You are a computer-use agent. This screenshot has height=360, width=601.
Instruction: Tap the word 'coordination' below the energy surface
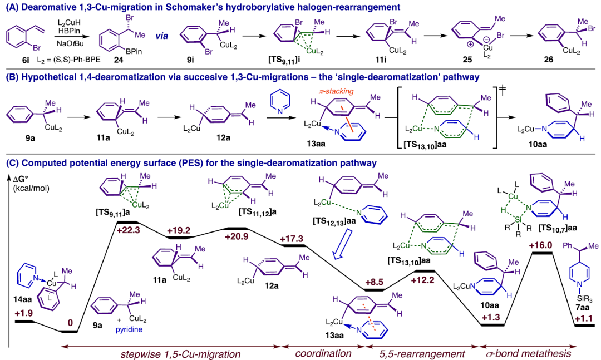point(323,353)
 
